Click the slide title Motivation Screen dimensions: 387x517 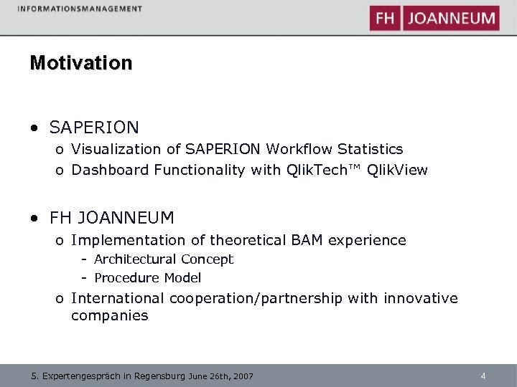[81, 63]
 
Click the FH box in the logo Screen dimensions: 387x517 [385, 19]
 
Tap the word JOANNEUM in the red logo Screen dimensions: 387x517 [452, 19]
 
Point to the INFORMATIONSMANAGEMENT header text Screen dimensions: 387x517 [79, 9]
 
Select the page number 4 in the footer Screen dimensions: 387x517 [483, 376]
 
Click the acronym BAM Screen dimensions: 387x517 [309, 240]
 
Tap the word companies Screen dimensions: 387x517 [110, 315]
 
